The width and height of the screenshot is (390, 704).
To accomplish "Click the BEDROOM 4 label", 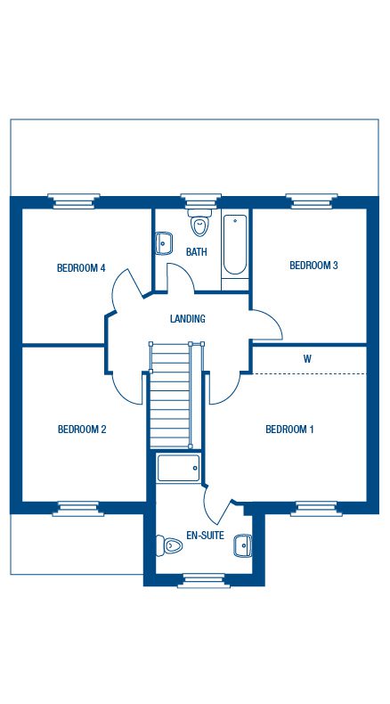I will tap(81, 267).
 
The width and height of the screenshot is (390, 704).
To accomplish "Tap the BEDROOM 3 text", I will tap(313, 265).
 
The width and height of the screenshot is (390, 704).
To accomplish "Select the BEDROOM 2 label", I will tap(82, 430).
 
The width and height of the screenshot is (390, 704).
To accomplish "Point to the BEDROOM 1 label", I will tap(289, 430).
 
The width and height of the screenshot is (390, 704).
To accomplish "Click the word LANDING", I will tap(188, 319).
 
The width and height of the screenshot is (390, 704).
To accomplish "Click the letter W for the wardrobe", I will tap(307, 359).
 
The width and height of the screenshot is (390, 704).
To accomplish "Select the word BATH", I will tap(197, 252).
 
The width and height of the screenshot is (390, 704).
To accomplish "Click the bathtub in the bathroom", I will tap(235, 245).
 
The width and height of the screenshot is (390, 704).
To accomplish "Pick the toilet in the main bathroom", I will tap(199, 223).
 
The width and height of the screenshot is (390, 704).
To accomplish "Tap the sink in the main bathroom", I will tap(165, 241).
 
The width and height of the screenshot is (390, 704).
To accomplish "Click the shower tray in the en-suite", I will tap(178, 469).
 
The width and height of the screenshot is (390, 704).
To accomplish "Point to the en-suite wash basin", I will tap(242, 544).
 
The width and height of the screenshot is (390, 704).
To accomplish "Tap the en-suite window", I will tap(203, 581).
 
